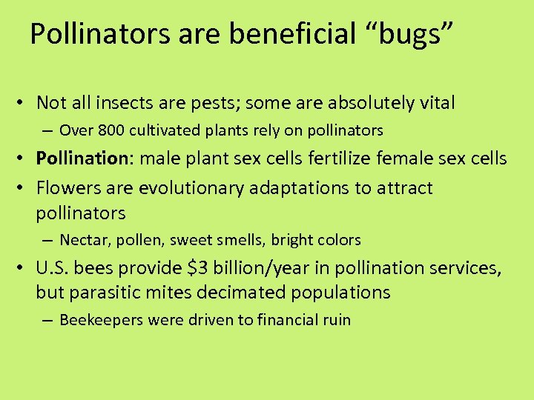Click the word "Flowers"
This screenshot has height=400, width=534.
pos(68,188)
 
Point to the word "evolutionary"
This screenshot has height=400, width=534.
pos(189,188)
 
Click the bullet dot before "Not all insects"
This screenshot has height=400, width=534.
pos(24,103)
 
